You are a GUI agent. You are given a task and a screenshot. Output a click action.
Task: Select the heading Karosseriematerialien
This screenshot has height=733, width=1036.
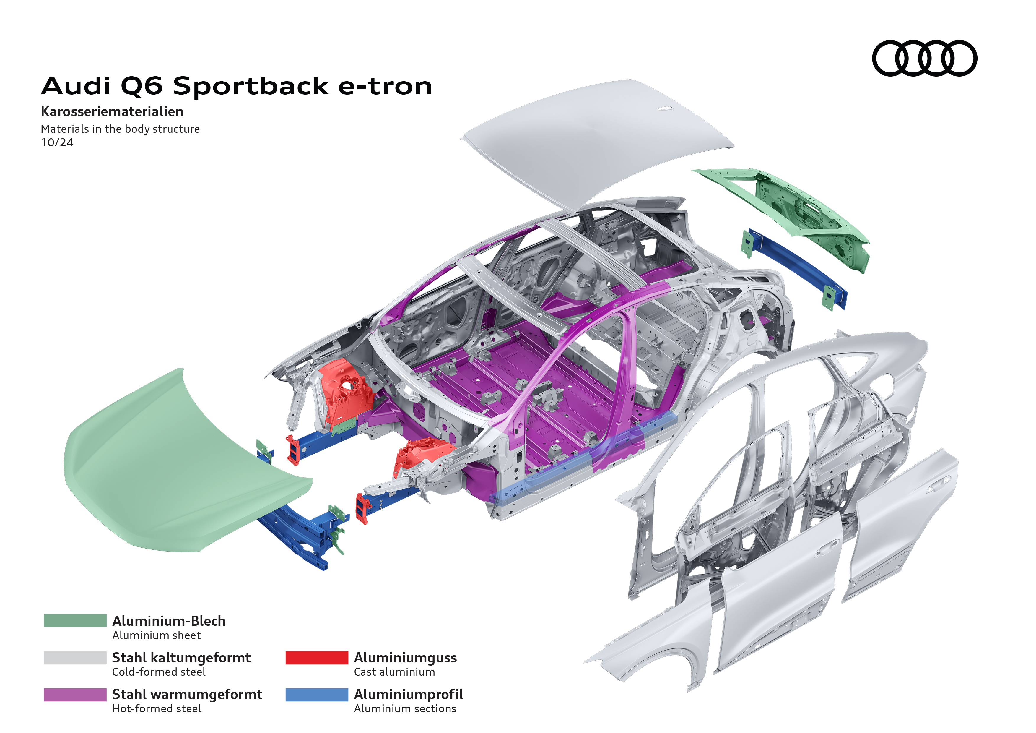point(112,111)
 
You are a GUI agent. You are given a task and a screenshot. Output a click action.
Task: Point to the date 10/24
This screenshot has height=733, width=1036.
point(57,143)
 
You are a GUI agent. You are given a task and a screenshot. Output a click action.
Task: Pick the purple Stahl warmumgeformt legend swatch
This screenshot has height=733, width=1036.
point(75,694)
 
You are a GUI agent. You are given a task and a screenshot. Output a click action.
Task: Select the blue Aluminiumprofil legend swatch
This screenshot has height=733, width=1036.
point(316,694)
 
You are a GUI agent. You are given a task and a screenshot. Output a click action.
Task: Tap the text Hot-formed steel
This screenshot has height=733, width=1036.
point(157,709)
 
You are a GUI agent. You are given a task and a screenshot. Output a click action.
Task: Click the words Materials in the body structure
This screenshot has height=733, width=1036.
point(120,129)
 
